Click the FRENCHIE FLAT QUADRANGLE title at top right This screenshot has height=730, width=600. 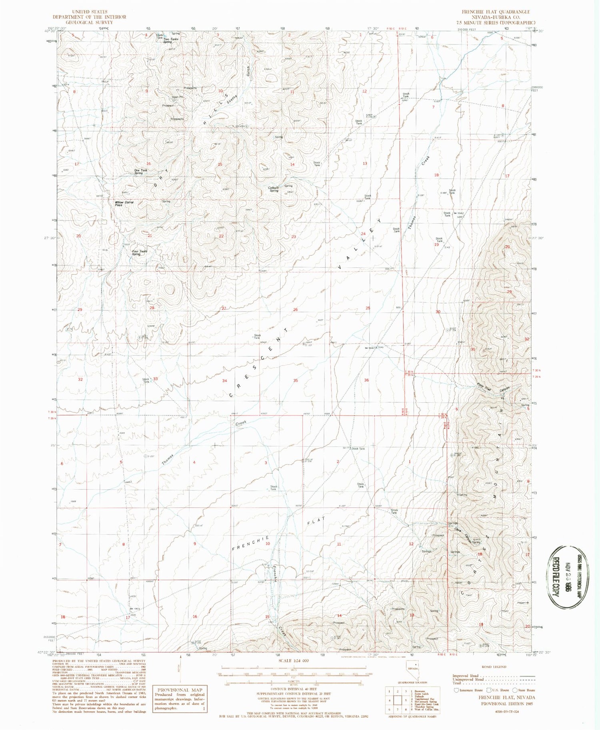pyautogui.click(x=496, y=12)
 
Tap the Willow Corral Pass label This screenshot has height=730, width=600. pyautogui.click(x=124, y=204)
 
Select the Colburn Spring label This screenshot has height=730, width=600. pyautogui.click(x=274, y=189)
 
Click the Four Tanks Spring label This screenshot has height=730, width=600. pyautogui.click(x=139, y=253)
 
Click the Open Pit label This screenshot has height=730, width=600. pyautogui.click(x=178, y=97)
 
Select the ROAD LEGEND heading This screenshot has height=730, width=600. pyautogui.click(x=494, y=667)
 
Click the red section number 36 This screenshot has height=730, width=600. pyautogui.click(x=366, y=380)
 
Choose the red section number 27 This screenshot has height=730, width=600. pyautogui.click(x=224, y=308)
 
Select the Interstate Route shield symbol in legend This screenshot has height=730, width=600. pyautogui.click(x=456, y=690)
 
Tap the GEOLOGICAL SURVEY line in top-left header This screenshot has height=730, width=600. pyautogui.click(x=89, y=22)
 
